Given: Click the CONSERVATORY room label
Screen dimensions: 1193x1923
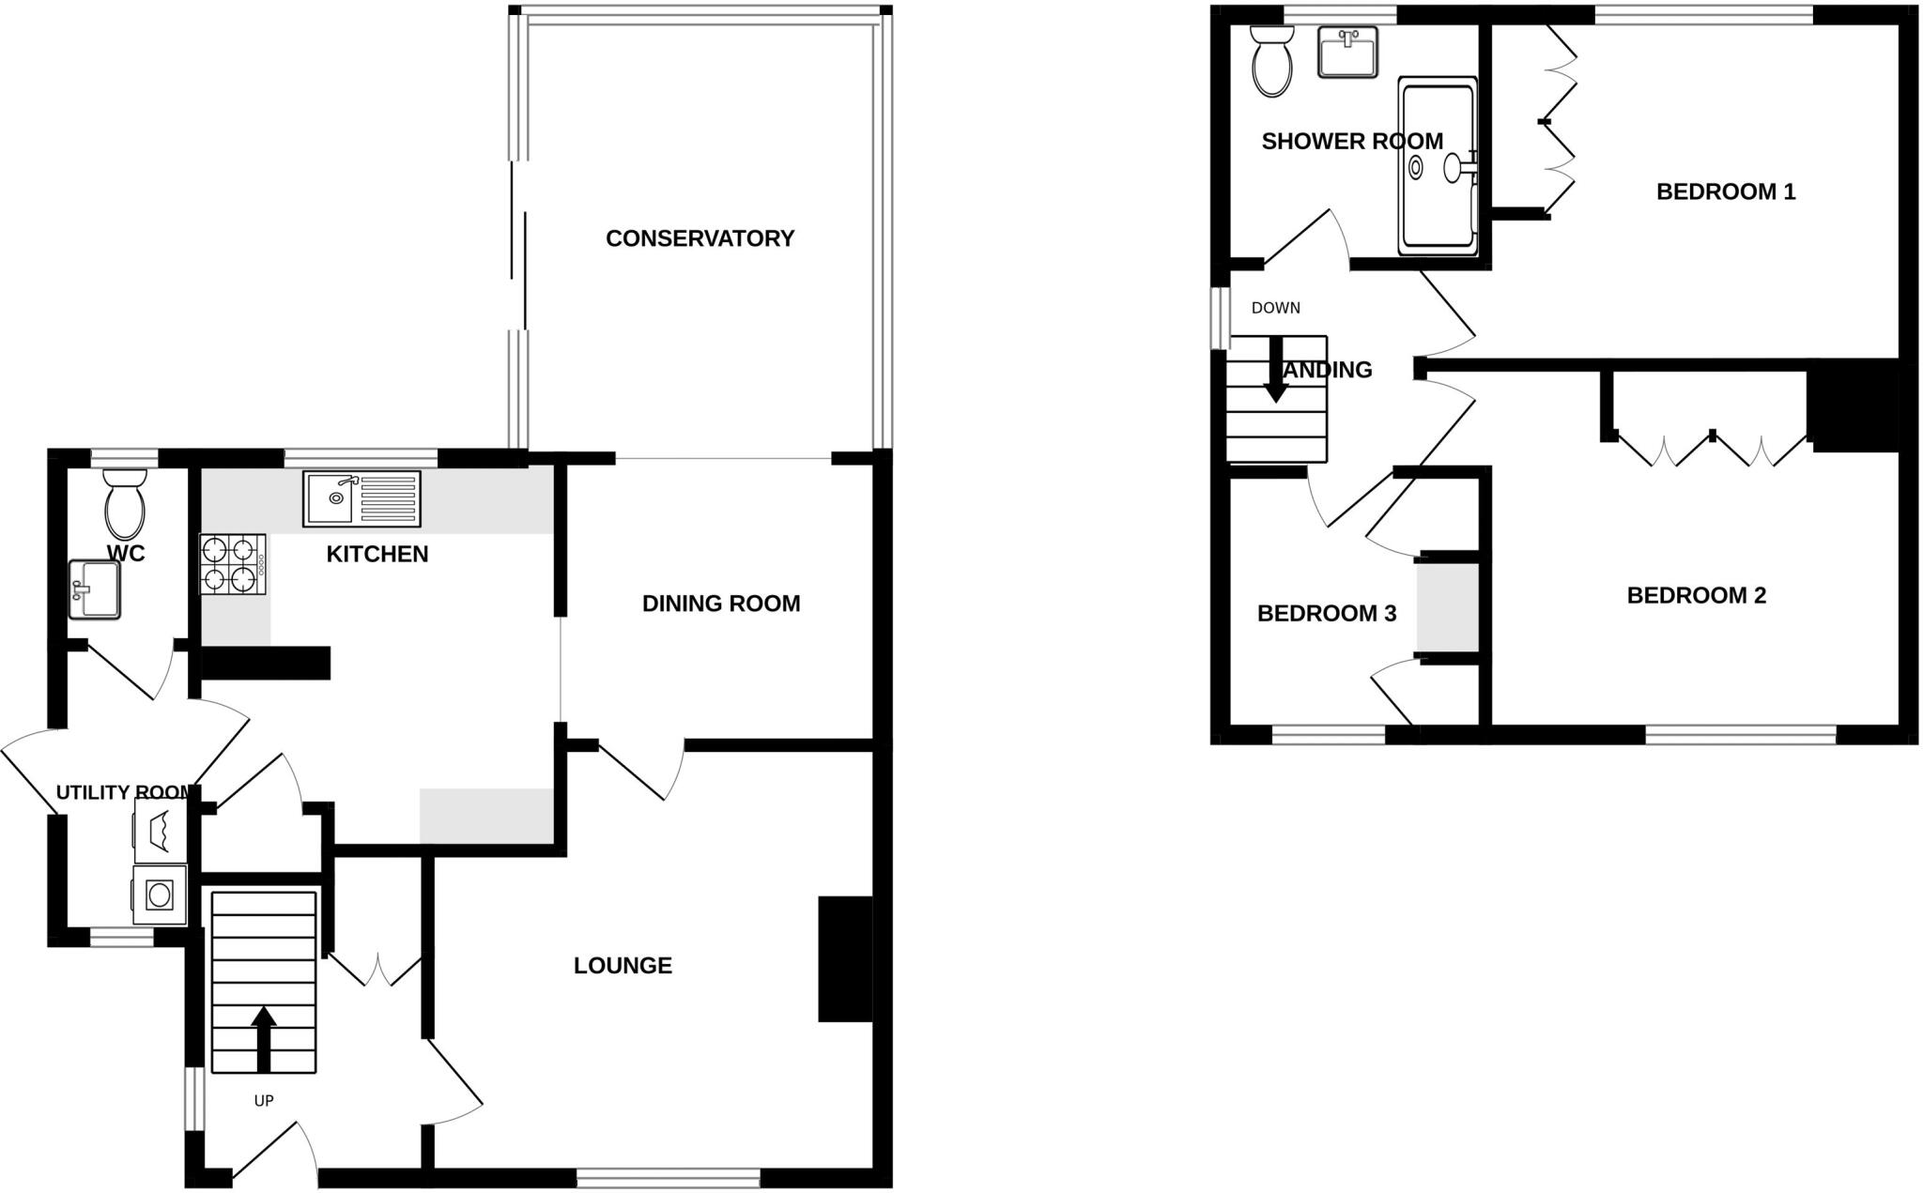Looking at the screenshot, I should coord(700,238).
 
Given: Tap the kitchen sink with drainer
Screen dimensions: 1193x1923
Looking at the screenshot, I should coord(362,499).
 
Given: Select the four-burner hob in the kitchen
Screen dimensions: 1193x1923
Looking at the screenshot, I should coord(232,564).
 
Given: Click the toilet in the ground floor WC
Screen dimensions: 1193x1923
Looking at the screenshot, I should coord(125,505).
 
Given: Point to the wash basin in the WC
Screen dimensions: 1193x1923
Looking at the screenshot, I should coord(94,589).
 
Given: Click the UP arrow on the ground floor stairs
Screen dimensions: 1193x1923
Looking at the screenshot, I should coord(264,1038).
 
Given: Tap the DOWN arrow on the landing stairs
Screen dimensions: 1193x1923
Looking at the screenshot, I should coord(1275,370).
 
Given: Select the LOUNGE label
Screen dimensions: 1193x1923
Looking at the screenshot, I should coord(623,966).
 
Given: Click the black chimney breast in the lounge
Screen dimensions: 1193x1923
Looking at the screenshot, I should coord(845,958).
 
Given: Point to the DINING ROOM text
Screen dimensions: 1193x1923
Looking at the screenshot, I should coord(721,604).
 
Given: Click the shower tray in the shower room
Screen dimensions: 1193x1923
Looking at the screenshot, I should coord(1437,166).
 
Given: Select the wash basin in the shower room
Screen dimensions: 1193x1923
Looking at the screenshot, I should coord(1347,52).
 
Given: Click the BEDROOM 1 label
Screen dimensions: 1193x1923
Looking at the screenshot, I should coord(1725,192).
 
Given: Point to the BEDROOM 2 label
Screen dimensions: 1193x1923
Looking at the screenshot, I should coord(1696,596).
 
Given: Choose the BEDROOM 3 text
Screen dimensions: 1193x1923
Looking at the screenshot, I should coord(1326,614).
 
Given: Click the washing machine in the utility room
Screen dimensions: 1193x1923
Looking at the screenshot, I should coord(160,894).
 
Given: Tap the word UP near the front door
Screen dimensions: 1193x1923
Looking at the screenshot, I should coord(264,1100).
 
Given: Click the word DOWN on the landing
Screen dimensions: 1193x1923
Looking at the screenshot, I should coord(1275,308).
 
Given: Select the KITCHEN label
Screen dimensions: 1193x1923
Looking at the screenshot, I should coord(377,555).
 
